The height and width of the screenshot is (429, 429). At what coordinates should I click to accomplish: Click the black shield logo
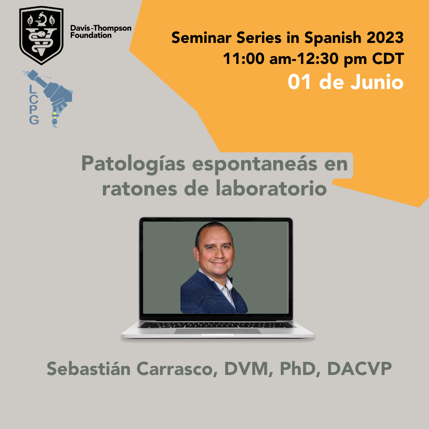41,35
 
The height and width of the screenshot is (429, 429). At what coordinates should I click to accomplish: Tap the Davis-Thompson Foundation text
100,31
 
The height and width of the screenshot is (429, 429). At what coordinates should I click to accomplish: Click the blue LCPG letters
34,104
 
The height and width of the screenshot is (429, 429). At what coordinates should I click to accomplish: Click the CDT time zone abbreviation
388,58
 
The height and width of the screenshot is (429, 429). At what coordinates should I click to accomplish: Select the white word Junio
377,82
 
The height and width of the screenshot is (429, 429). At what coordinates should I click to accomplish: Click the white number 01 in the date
300,82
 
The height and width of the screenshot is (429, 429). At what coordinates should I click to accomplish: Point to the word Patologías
133,164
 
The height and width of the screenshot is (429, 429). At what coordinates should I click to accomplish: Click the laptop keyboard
216,325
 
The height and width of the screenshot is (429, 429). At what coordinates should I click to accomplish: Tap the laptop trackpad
218,331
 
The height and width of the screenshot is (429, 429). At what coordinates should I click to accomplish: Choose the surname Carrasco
177,369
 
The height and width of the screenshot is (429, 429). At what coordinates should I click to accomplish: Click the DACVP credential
359,369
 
